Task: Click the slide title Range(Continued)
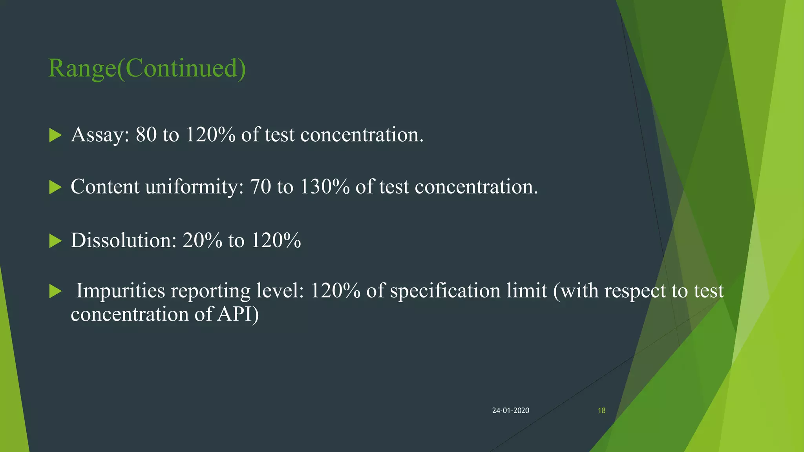click(147, 68)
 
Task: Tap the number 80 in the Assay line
click(146, 135)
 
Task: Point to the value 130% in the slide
click(324, 187)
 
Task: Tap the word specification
click(445, 291)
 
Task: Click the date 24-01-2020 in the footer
click(510, 410)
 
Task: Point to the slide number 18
click(601, 410)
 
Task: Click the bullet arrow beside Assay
click(55, 136)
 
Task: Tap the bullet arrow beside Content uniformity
click(55, 188)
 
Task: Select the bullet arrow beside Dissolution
click(55, 241)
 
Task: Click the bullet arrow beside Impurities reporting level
click(55, 292)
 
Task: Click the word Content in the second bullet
click(105, 187)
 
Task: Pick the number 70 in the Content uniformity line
click(260, 187)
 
